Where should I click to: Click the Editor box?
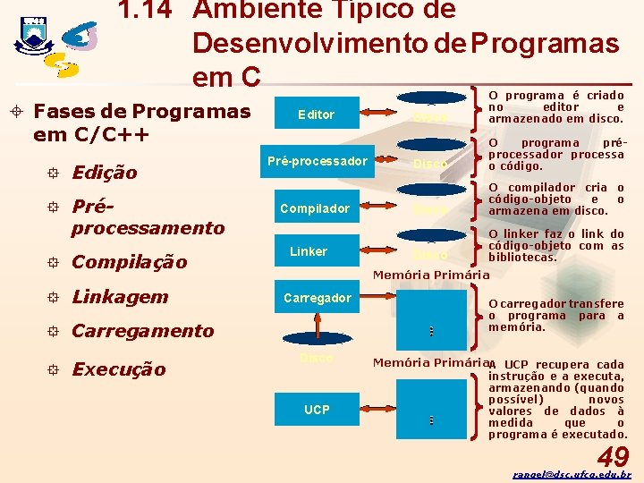pos(315,114)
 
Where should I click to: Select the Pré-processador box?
pos(318,161)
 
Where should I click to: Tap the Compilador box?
pos(315,208)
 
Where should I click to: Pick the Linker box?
pos(309,251)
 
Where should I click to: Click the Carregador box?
pos(317,298)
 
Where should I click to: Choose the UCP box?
pos(317,410)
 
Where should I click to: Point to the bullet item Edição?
pos(104,173)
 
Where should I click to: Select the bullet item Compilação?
pos(129,262)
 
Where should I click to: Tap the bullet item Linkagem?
pos(119,296)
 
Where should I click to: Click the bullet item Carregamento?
pos(142,331)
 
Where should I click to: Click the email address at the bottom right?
pos(572,475)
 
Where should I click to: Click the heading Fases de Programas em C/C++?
pos(141,123)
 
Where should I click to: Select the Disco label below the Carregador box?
pos(317,358)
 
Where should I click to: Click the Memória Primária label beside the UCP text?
pos(430,363)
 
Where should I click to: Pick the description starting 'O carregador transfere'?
pos(555,315)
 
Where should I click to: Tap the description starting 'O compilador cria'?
pos(555,199)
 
